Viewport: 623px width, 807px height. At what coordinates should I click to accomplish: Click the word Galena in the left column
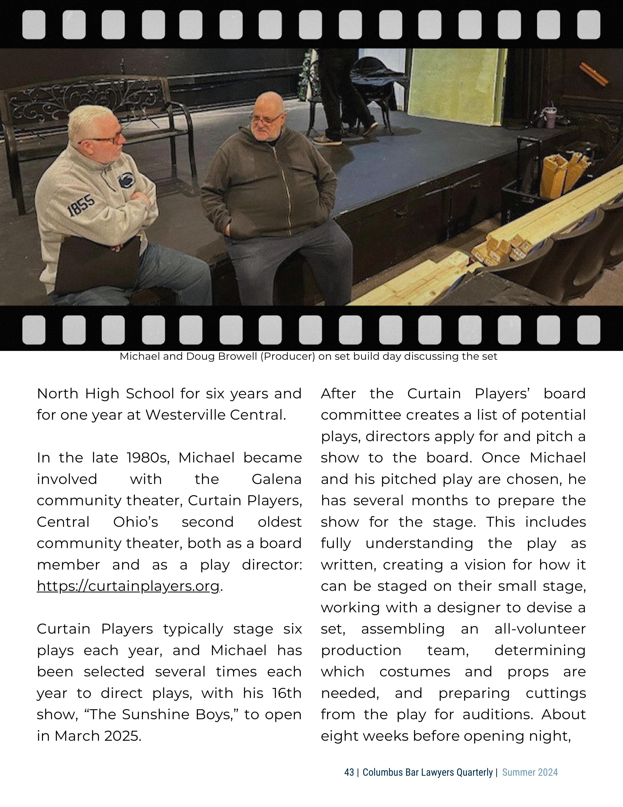(x=276, y=479)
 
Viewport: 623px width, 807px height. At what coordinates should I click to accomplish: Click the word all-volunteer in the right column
(x=540, y=629)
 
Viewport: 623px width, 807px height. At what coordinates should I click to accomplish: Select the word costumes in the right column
(x=415, y=672)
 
